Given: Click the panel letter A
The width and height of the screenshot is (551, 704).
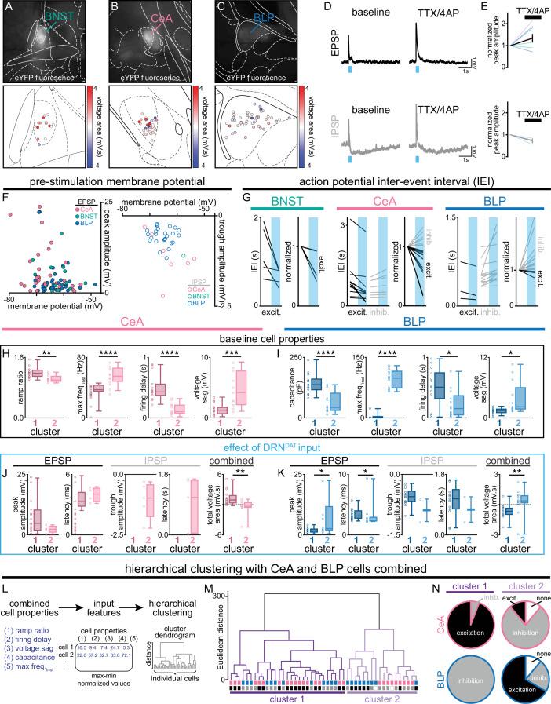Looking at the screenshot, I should pos(7,9).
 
